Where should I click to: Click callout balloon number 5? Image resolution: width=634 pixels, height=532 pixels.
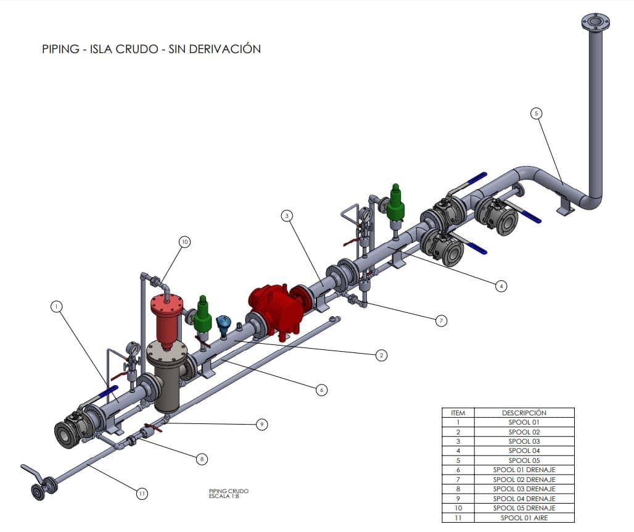pos(536,114)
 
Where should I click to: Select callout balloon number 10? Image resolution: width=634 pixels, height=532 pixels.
pos(185,242)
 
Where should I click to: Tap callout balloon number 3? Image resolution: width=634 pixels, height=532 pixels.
pos(287,215)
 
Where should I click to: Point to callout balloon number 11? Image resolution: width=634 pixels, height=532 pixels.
pos(142,494)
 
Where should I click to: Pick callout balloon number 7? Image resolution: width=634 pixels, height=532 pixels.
pos(441,321)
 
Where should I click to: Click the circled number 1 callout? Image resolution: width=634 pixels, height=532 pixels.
pos(57,307)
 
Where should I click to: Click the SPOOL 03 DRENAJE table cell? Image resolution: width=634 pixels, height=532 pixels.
pos(524,489)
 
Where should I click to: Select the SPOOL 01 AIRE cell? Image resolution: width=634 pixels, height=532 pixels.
pos(524,518)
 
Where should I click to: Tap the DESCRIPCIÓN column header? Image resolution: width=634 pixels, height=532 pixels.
pos(524,413)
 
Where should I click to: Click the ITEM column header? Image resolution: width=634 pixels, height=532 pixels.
pos(458,413)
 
